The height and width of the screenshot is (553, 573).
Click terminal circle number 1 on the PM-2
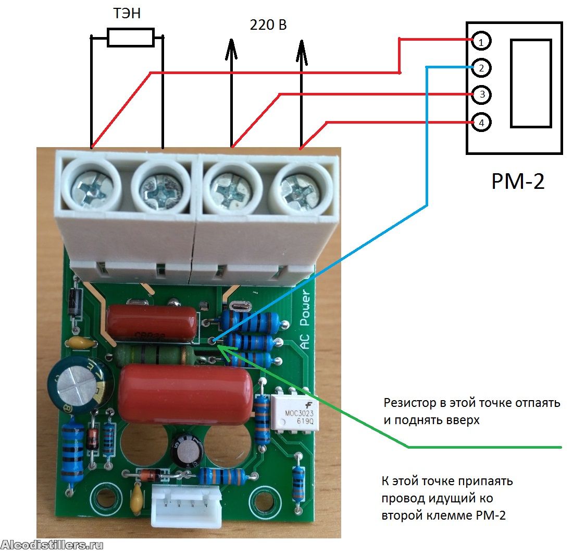(481, 41)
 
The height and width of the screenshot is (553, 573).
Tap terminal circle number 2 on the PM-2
(481, 68)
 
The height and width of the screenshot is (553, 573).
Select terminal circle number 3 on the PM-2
(481, 95)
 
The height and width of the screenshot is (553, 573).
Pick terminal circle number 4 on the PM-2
(481, 123)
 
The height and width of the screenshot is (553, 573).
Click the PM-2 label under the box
(518, 181)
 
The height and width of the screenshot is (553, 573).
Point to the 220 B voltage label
(268, 25)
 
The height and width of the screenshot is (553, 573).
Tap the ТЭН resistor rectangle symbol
(130, 38)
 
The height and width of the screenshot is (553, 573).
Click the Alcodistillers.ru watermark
(52, 545)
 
